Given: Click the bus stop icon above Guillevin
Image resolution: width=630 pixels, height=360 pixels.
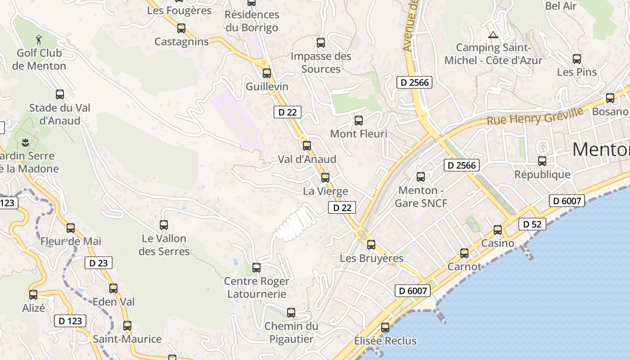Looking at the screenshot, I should point(267,73).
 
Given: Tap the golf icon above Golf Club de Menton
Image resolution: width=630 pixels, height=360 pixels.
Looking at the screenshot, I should point(40,40).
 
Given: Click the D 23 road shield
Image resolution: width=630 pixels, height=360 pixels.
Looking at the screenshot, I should point(98,263).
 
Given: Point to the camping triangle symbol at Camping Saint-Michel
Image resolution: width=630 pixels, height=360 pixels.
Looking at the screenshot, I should point(493,35).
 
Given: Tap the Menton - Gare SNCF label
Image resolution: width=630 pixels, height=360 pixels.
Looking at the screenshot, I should point(421,197).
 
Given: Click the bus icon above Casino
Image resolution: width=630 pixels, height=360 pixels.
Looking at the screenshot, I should point(498,230).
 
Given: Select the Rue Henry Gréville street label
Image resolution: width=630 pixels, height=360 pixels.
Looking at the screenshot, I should point(535,117).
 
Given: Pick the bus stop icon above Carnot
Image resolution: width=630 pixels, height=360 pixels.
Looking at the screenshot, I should point(464,253).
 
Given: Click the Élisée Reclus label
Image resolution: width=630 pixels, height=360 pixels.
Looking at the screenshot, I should point(385,341).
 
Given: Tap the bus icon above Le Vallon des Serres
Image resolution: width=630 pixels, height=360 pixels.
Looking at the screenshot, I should point(164,225).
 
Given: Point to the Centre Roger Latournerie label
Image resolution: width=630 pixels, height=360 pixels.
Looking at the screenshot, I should point(256,288).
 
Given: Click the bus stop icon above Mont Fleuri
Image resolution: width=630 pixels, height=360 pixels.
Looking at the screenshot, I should point(359,121).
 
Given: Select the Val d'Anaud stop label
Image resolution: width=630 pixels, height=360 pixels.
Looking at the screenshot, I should point(307,159).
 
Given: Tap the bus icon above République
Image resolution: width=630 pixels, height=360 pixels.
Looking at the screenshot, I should point(542,161).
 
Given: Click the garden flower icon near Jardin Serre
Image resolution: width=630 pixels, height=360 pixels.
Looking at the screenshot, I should point(25,143).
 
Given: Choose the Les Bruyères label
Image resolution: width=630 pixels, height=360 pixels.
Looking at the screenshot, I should point(372,258).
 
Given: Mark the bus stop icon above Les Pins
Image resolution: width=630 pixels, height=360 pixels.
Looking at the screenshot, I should point(577,59).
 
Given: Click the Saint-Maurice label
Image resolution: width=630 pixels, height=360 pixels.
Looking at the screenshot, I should point(127,339).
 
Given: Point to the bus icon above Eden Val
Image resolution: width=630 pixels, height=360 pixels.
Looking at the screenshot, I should point(113,288).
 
